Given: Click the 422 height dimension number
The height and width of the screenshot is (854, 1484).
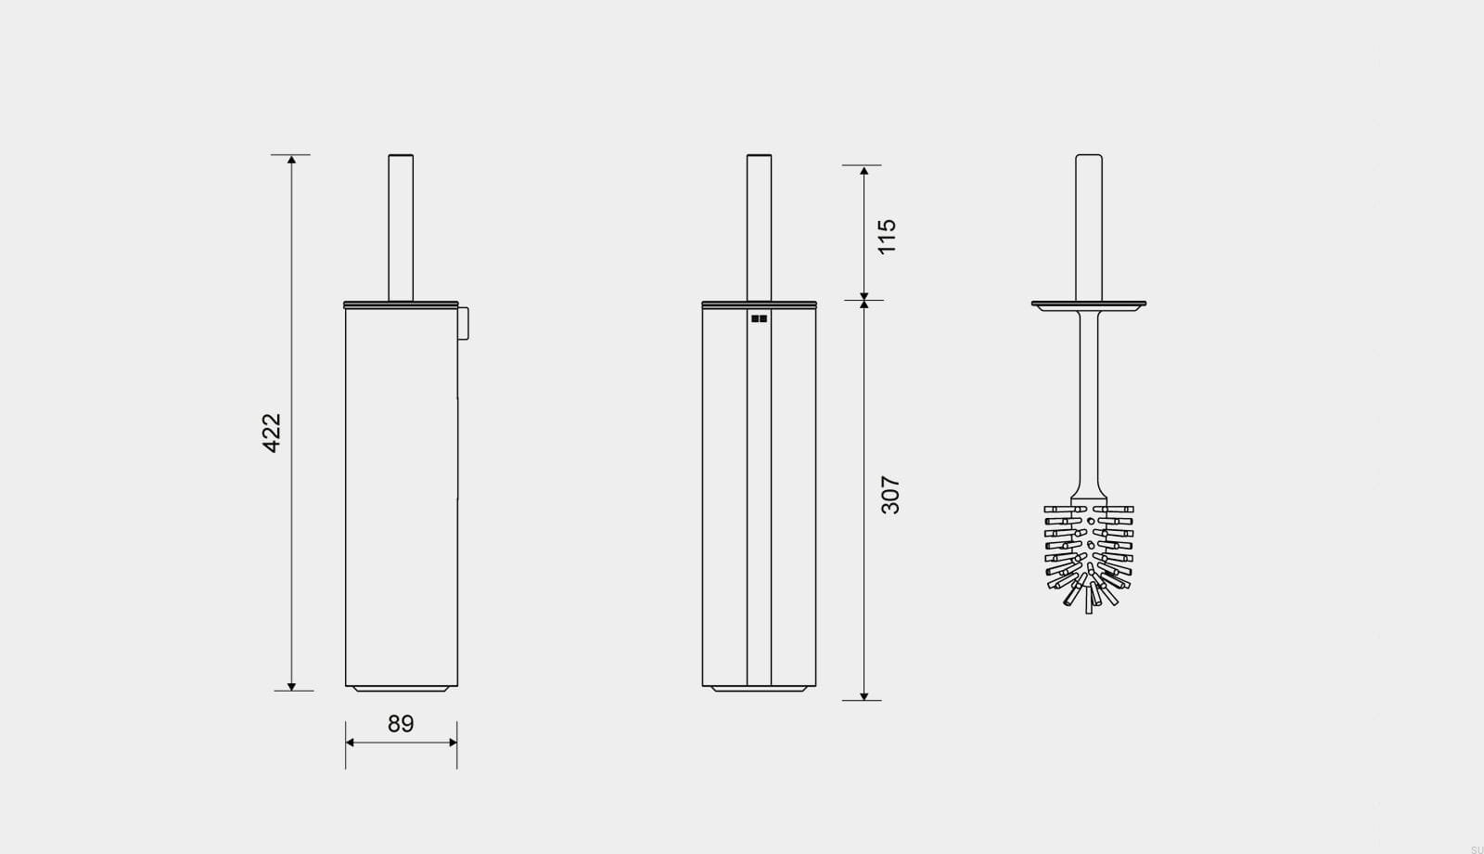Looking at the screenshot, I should click(x=271, y=433).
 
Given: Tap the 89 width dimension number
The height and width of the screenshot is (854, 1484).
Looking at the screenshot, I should click(x=401, y=724).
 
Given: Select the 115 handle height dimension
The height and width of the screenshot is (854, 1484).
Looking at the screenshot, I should click(x=887, y=237).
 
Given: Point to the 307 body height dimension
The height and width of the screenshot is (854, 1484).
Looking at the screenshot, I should click(x=889, y=495).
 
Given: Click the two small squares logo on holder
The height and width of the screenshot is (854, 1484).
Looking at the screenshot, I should click(x=759, y=318).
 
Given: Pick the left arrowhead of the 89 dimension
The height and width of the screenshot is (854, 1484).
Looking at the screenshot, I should click(x=351, y=743).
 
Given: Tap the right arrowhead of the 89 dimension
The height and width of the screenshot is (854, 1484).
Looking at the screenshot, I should click(x=452, y=743).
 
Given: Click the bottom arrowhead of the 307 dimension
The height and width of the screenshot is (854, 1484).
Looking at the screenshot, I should click(x=864, y=695).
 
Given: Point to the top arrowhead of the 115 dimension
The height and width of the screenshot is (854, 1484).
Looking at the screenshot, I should click(x=864, y=171).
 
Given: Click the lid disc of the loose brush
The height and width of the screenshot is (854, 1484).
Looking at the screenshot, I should click(x=1089, y=304).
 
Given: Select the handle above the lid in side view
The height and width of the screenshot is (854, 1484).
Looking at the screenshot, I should click(x=401, y=227).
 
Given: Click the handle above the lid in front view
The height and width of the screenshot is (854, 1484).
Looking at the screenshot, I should click(x=759, y=227).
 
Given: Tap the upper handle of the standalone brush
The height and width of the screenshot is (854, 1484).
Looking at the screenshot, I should click(x=1089, y=227).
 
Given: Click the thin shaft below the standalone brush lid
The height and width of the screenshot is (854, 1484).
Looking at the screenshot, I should click(x=1089, y=399).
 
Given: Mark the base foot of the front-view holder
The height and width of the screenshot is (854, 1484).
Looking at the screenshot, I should click(x=759, y=689).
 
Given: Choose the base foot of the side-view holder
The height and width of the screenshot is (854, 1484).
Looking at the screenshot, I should click(x=401, y=689).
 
